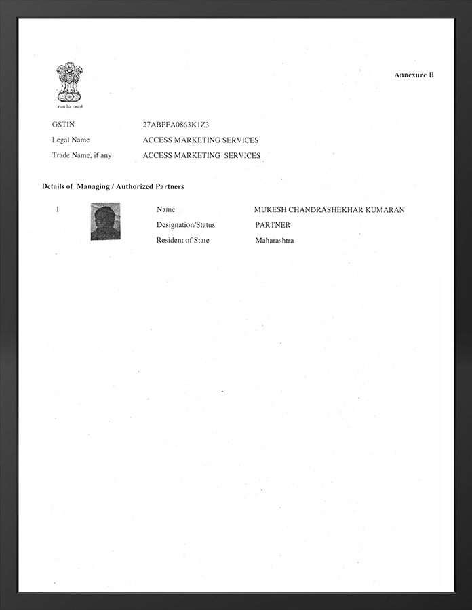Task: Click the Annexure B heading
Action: (x=414, y=75)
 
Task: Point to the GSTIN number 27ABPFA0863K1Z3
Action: (x=176, y=125)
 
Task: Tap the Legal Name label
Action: (x=71, y=140)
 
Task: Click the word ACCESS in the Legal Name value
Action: (x=158, y=140)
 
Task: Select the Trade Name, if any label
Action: (x=81, y=155)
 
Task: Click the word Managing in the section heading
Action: (x=93, y=186)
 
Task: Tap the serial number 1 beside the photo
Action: (x=58, y=209)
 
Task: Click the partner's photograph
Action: (x=105, y=221)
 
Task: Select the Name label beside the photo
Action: (x=165, y=210)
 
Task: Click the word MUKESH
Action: (x=270, y=210)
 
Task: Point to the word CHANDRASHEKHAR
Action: (x=326, y=210)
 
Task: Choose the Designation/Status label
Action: (x=185, y=225)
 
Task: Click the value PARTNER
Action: (x=273, y=225)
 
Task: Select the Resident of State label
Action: (x=182, y=241)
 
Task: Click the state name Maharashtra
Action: (x=275, y=241)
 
